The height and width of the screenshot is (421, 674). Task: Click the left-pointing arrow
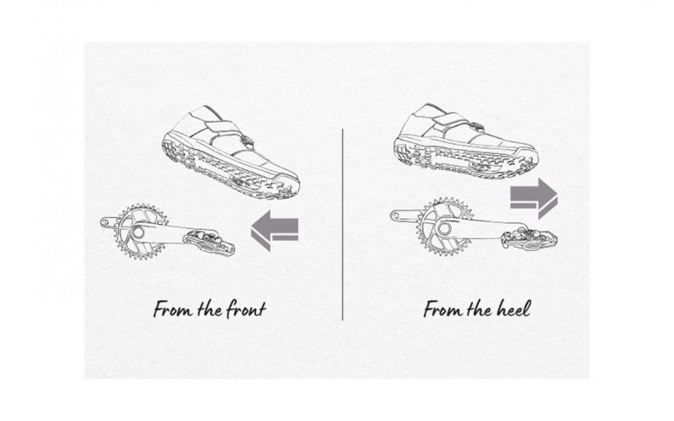[x=275, y=230]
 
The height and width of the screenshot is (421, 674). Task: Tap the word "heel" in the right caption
[x=513, y=309]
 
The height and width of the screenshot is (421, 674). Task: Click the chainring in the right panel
[x=446, y=226]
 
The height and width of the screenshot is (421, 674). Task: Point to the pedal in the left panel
[x=209, y=242]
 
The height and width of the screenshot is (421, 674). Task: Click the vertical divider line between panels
[x=343, y=224]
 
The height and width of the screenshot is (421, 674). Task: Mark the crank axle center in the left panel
[x=138, y=232]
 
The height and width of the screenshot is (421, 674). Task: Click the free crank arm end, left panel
[x=104, y=222]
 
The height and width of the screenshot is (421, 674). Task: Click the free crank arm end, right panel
[x=396, y=216]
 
